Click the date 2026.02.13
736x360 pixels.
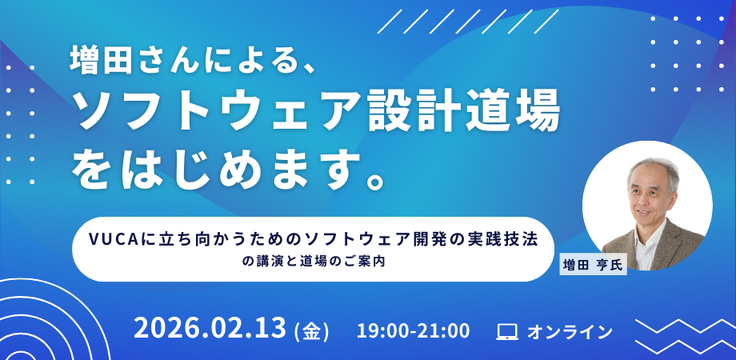(x=210, y=328)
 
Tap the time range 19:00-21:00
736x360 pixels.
(x=413, y=331)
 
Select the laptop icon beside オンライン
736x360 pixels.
(x=507, y=332)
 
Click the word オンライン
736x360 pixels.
(x=570, y=332)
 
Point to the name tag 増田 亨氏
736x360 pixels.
(x=593, y=266)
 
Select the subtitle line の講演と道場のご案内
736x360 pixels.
(x=314, y=262)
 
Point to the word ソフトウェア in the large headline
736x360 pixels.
(x=218, y=114)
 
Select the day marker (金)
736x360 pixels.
(x=311, y=331)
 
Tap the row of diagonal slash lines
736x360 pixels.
(x=468, y=21)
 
